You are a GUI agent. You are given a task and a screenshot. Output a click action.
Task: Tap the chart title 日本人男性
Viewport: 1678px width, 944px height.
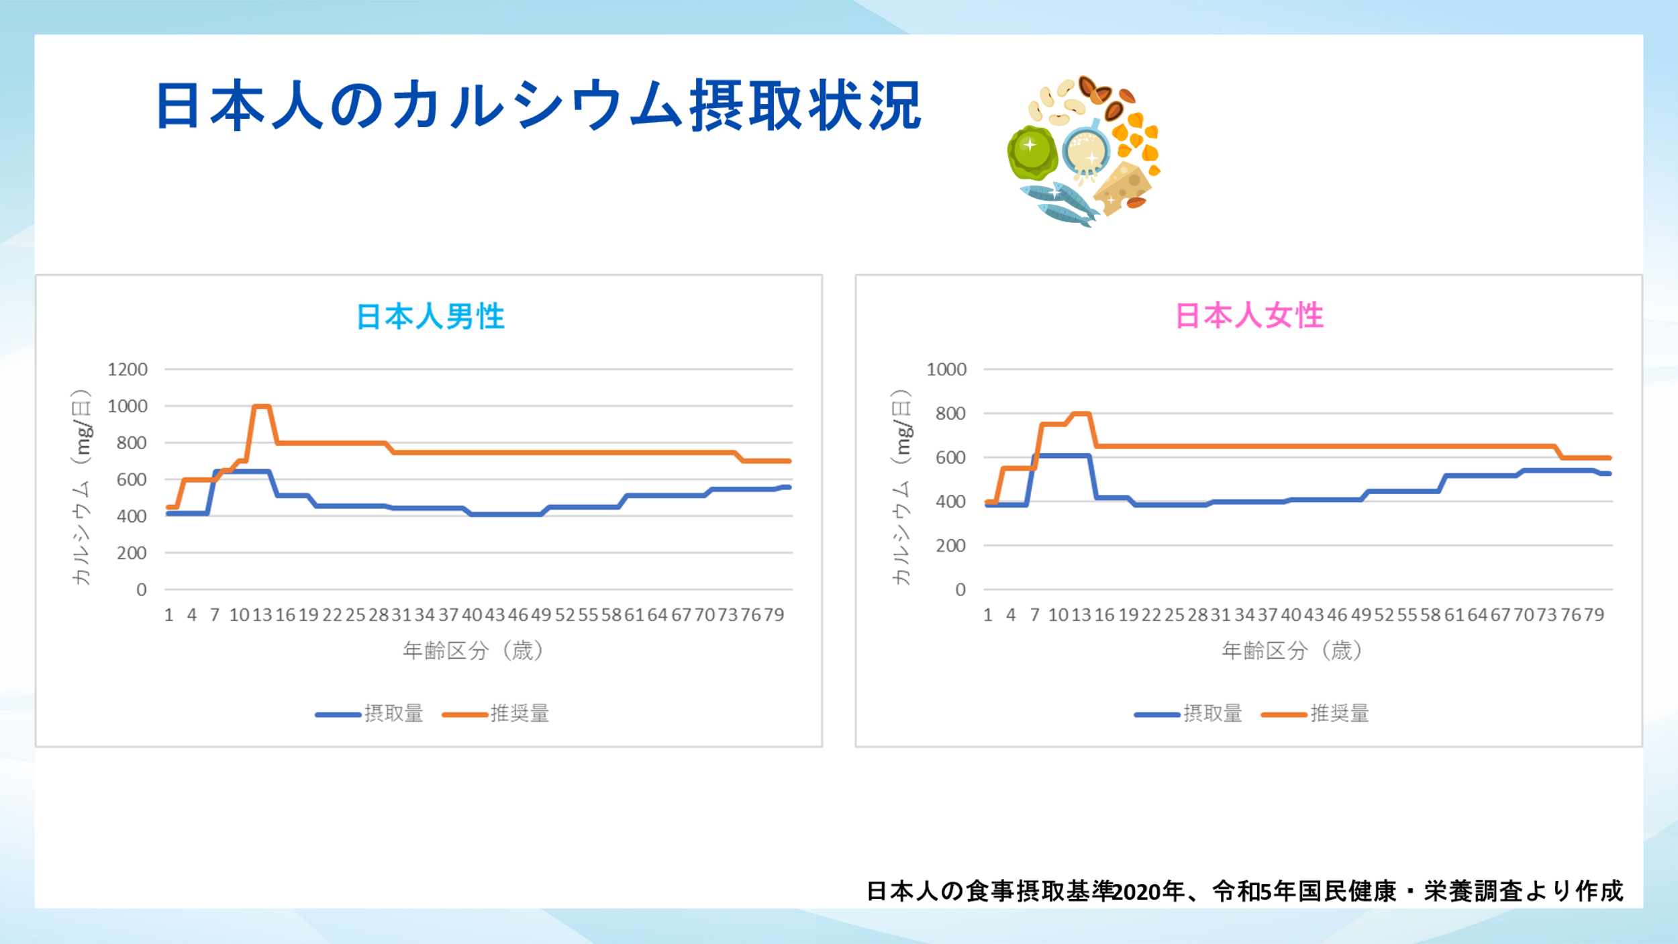(430, 316)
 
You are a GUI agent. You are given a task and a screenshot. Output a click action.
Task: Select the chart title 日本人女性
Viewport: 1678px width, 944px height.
(1249, 316)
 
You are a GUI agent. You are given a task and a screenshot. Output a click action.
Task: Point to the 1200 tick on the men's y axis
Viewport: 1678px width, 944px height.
(128, 369)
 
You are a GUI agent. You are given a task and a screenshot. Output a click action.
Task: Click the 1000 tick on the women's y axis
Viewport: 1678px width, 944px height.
(946, 369)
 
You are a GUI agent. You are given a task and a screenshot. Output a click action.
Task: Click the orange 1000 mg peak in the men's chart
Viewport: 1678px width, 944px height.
(261, 406)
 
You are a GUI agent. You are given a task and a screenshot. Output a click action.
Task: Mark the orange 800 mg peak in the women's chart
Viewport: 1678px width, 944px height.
(1081, 414)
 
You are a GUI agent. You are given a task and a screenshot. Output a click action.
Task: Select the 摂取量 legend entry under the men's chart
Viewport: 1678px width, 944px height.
(370, 714)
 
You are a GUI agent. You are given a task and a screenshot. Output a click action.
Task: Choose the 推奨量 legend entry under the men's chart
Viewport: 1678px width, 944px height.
(496, 714)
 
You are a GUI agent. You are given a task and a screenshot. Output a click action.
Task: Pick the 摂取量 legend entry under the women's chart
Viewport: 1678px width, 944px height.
(1189, 714)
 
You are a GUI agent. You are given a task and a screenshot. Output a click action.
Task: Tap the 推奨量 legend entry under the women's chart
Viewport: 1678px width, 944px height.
(1316, 714)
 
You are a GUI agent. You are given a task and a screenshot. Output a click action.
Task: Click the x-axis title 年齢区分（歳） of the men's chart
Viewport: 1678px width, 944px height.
(473, 650)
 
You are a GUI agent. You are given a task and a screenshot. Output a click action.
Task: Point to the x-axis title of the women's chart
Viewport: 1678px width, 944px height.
(1292, 650)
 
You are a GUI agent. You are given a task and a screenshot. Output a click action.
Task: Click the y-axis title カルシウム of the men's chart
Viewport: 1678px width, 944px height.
(81, 487)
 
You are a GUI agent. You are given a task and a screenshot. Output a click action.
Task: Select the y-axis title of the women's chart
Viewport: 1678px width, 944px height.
(901, 487)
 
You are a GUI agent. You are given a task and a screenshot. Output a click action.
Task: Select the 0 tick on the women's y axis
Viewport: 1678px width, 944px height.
(960, 589)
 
